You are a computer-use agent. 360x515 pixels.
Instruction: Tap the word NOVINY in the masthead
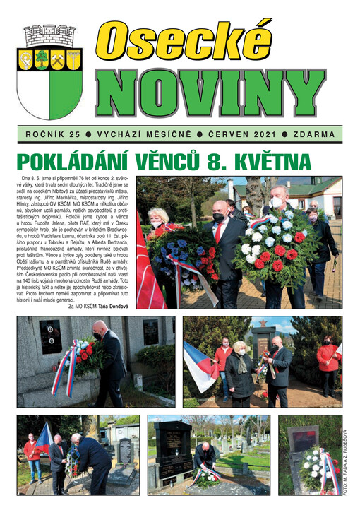[210, 93]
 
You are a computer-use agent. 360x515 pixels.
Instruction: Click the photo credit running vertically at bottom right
[346, 462]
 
